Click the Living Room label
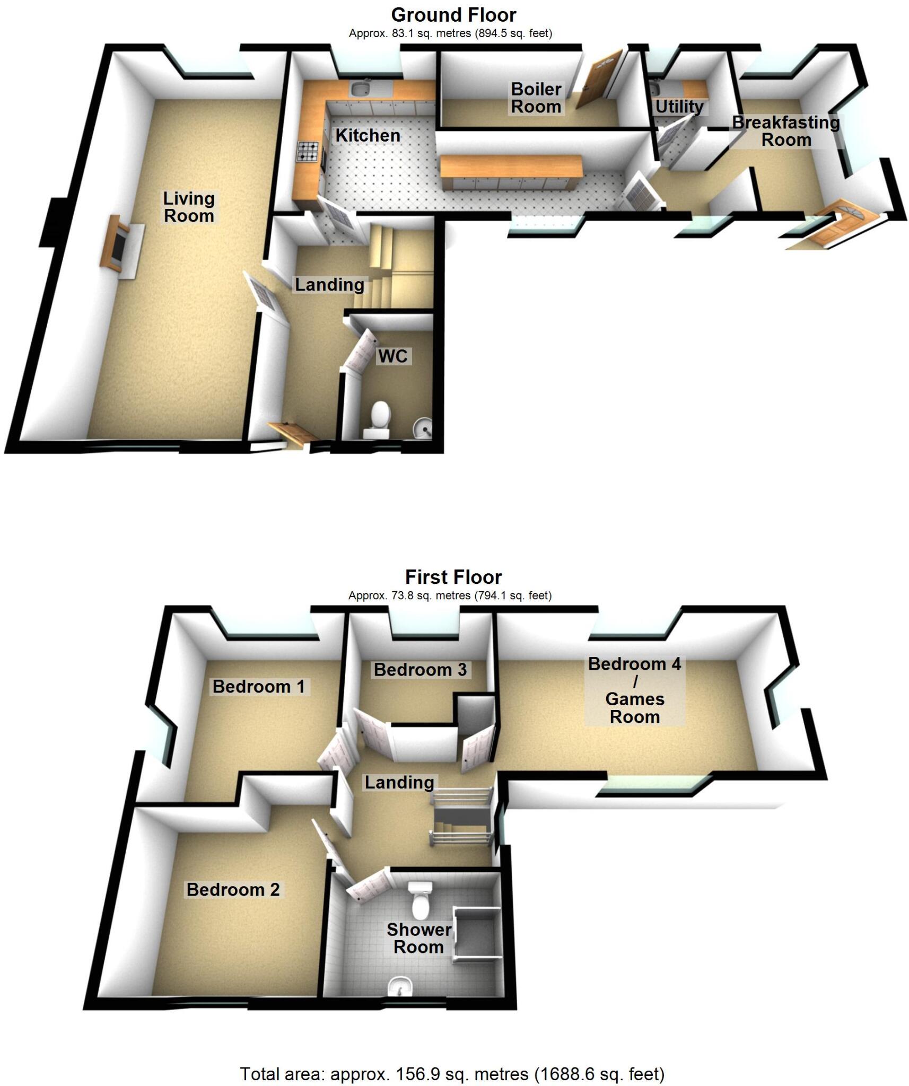pos(188,207)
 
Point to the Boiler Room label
pos(536,98)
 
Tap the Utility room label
pos(679,107)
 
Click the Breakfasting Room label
pos(786,131)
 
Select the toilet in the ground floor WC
pos(379,418)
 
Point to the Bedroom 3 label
pos(420,670)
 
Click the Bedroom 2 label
pos(233,889)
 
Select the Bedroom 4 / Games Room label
pos(634,690)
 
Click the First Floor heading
pos(453,577)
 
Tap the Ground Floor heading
pos(453,15)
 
